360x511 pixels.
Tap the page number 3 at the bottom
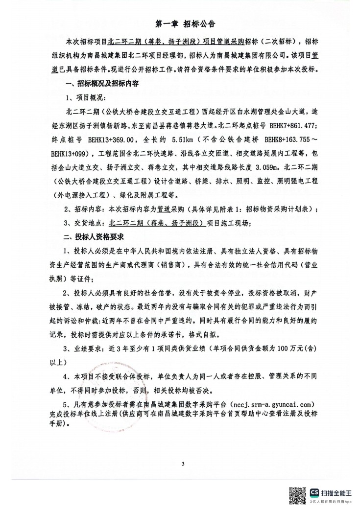(x=182, y=464)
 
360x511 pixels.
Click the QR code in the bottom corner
(x=297, y=496)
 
